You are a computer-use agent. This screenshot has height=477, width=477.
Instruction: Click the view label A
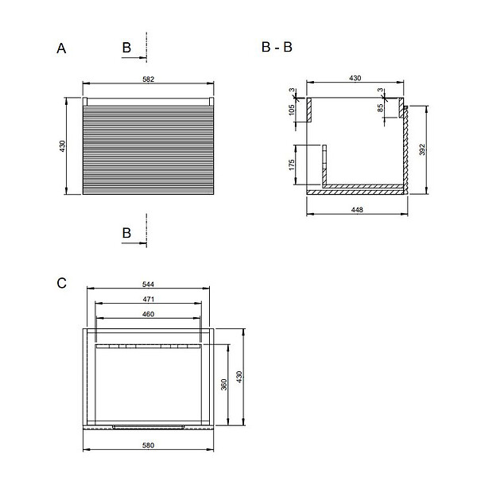pos(61,48)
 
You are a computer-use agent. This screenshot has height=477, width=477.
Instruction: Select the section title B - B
pos(277,47)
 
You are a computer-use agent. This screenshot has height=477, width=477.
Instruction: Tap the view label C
pos(61,283)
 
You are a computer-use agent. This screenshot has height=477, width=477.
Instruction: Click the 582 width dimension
pos(148,79)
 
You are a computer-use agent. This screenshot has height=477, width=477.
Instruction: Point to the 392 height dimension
pos(422,149)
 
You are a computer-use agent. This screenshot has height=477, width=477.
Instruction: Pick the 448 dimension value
pos(357,210)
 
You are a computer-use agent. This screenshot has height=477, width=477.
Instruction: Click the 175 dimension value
pos(292,165)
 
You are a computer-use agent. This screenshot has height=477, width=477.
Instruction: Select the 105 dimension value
pos(292,110)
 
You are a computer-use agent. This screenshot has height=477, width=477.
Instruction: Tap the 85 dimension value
pos(380,108)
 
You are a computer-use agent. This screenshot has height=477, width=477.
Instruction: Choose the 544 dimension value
pos(148,284)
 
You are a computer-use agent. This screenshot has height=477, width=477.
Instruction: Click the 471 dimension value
pos(148,299)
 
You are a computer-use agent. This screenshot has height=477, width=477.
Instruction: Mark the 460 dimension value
pos(148,314)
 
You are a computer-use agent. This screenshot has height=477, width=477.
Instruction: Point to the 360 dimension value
pos(223,385)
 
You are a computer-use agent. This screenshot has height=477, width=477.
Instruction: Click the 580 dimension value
pos(148,445)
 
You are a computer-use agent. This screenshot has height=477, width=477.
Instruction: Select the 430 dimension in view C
pos(238,377)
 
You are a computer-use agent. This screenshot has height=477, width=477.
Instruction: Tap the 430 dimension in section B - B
pos(355,78)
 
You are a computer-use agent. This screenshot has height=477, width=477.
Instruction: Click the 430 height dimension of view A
pos(62,146)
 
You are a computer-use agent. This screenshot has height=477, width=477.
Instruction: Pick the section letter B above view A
pos(126,48)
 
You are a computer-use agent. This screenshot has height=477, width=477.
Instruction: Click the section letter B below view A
pos(126,233)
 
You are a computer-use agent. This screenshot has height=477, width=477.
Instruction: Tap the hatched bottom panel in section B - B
pos(355,192)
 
